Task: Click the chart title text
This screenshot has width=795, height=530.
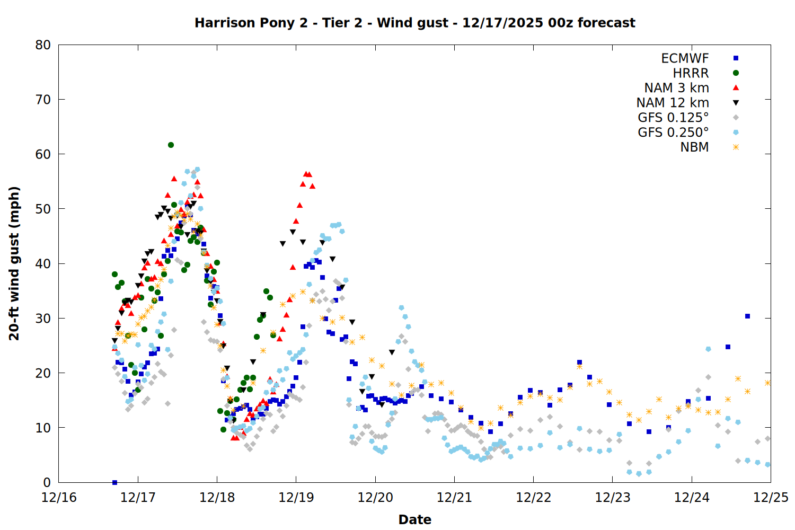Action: tap(414, 23)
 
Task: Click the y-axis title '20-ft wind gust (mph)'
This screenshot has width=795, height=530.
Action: tap(14, 263)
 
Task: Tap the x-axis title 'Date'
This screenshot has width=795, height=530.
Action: tap(414, 519)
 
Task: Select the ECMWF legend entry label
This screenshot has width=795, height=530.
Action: tap(685, 58)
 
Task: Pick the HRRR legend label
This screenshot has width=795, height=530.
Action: tap(691, 73)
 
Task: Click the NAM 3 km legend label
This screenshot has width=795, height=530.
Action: tap(676, 88)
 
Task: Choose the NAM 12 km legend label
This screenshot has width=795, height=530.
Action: tap(673, 103)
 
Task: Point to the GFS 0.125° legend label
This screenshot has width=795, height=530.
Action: tap(673, 118)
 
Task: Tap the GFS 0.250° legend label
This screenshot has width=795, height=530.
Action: tap(673, 132)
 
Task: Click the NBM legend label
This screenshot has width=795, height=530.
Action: tap(694, 147)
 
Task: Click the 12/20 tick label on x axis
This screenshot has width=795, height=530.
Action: tap(375, 498)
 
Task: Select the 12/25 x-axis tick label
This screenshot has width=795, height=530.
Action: tap(771, 498)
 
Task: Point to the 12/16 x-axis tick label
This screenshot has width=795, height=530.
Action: tap(59, 498)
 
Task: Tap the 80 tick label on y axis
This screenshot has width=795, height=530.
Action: tap(43, 45)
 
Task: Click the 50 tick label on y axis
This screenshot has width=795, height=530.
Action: tap(43, 209)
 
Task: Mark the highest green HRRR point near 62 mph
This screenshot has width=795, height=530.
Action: tap(171, 145)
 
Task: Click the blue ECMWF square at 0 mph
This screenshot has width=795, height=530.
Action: tap(114, 482)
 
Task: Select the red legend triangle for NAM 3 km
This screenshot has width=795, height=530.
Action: tap(736, 88)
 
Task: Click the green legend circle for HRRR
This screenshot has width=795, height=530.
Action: tap(736, 73)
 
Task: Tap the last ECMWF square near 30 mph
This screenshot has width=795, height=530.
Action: tap(747, 316)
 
